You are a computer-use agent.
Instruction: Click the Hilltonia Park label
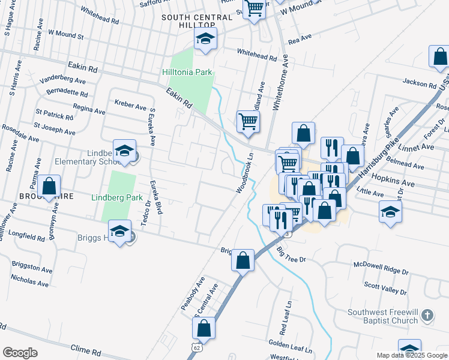click(187, 73)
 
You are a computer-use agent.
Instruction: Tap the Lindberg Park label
click(116, 197)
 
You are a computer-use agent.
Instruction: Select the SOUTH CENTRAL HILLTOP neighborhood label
click(196, 22)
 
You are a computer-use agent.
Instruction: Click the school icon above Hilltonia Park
click(205, 39)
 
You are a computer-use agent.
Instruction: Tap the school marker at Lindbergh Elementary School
click(124, 151)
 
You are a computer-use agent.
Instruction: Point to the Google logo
click(20, 353)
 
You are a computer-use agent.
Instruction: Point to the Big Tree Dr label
click(292, 254)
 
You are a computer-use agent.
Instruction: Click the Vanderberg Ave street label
click(63, 79)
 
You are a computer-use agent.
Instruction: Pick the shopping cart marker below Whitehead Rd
click(248, 121)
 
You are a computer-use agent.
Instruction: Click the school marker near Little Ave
click(391, 212)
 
